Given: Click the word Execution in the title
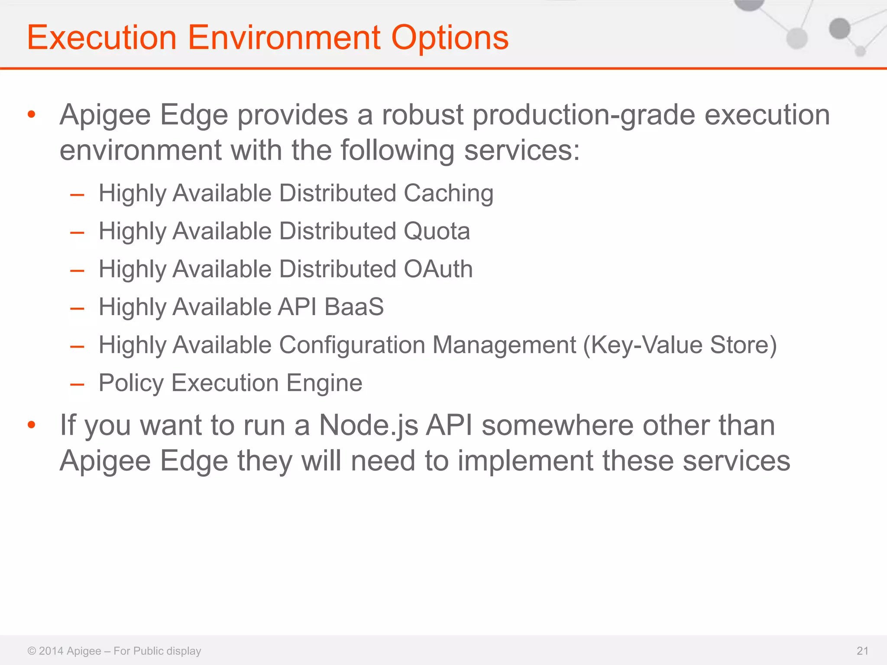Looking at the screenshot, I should coord(102,38).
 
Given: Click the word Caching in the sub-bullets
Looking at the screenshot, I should coord(448,193).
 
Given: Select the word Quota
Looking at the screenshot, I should coord(437,231).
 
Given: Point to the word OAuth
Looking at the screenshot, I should coord(438,269).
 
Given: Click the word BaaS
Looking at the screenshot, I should coord(354,307).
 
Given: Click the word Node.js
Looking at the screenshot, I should coord(369,425).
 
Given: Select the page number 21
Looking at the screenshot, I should coord(862,651).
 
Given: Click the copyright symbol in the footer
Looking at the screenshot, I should coord(32,651).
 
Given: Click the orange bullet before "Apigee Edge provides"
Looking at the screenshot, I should coord(31,115).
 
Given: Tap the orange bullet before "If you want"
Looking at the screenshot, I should coord(31,425).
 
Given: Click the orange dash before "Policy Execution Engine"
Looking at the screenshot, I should coord(77,384).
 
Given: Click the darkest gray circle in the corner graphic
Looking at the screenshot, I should coord(839,29).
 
